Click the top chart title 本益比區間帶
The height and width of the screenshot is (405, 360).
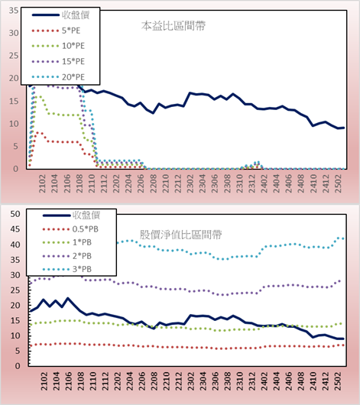click(x=174, y=26)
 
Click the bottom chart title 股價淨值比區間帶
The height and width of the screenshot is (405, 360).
click(x=180, y=235)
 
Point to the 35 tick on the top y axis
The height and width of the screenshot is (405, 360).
click(x=14, y=11)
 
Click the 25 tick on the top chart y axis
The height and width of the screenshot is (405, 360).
click(x=14, y=56)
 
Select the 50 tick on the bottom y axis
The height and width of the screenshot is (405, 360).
click(x=15, y=214)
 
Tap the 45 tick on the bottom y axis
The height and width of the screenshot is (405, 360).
click(x=15, y=229)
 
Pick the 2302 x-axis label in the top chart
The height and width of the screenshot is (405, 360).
click(x=190, y=183)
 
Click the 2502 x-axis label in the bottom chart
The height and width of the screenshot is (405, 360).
click(x=339, y=381)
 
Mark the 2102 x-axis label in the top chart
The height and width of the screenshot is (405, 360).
click(x=42, y=183)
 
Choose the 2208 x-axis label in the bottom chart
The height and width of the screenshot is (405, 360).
click(x=154, y=381)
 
